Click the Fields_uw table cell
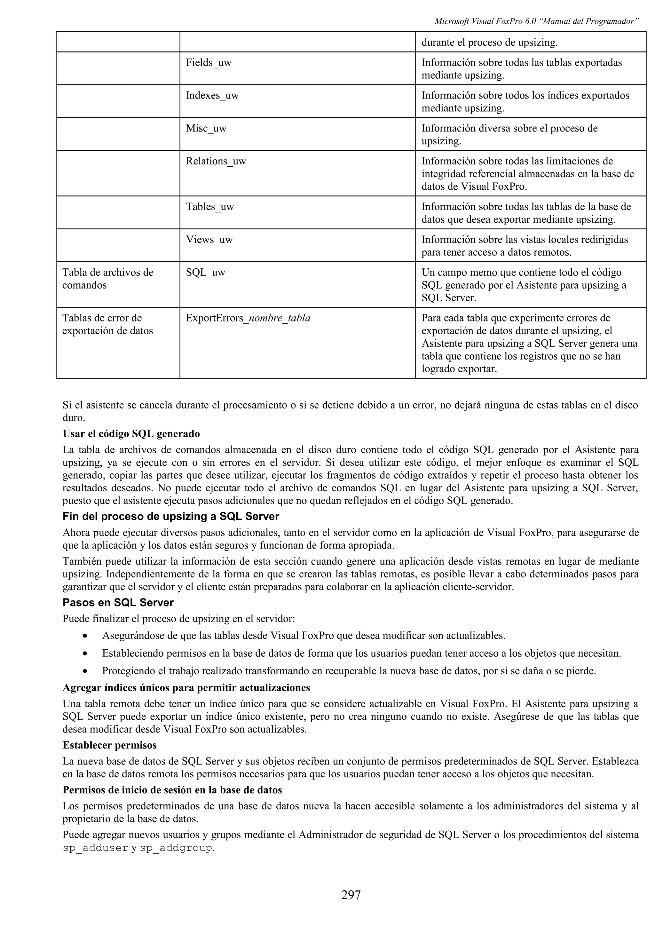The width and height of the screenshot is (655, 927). [209, 63]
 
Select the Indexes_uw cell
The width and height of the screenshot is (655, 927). [212, 95]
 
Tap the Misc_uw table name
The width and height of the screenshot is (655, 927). [206, 128]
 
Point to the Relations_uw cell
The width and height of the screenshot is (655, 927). [216, 161]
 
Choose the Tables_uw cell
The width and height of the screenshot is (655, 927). [210, 207]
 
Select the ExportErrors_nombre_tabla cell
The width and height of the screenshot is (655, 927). [248, 318]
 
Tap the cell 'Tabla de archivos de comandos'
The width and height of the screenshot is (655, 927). [108, 279]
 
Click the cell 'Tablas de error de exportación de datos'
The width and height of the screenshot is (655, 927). [108, 324]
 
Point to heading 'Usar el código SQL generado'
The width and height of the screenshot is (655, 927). [131, 434]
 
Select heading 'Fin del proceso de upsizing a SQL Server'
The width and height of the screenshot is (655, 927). [171, 516]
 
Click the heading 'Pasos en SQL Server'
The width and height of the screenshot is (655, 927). [118, 603]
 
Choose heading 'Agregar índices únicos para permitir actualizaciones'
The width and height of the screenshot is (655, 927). [186, 688]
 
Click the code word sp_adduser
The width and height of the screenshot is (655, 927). [95, 848]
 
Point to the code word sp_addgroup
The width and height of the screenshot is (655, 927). [176, 848]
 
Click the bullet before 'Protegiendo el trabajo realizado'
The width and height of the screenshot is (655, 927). [85, 671]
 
